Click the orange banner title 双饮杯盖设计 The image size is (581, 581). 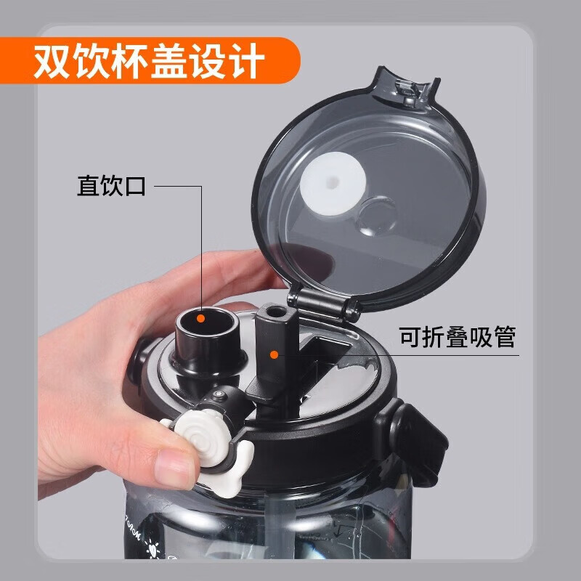pyautogui.click(x=149, y=61)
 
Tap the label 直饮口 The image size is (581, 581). pyautogui.click(x=112, y=186)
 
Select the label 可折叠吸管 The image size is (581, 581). pyautogui.click(x=458, y=338)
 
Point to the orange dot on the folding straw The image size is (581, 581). pyautogui.click(x=275, y=354)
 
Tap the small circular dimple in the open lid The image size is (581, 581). pyautogui.click(x=378, y=214)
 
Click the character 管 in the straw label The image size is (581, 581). pyautogui.click(x=502, y=338)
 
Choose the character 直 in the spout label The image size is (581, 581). pyautogui.click(x=89, y=186)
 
